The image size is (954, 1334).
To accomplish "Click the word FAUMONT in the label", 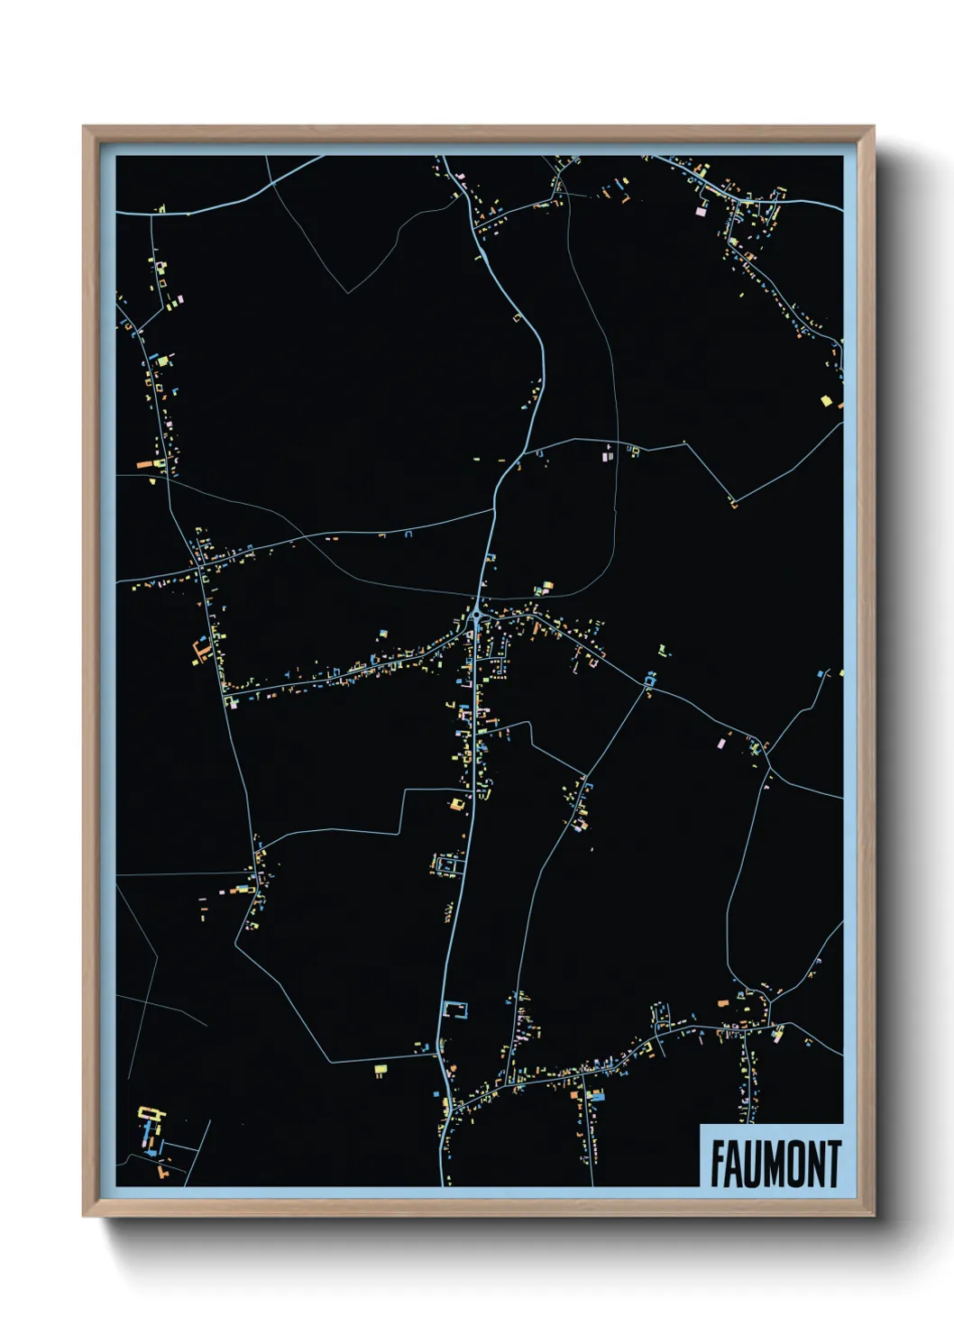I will pyautogui.click(x=775, y=1164).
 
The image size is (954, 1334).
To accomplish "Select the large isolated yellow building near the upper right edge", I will pyautogui.click(x=825, y=399).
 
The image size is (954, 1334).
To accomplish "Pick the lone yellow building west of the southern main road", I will pyautogui.click(x=381, y=1069).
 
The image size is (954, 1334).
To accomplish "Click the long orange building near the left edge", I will pyautogui.click(x=146, y=465).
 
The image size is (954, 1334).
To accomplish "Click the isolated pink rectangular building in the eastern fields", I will pyautogui.click(x=720, y=744).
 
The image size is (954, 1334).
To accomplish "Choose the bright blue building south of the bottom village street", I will pyautogui.click(x=596, y=1096).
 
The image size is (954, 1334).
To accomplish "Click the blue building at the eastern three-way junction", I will pyautogui.click(x=649, y=679).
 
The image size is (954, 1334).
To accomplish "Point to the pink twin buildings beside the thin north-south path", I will pyautogui.click(x=607, y=457).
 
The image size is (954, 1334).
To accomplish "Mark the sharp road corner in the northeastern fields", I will pyautogui.click(x=734, y=502).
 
